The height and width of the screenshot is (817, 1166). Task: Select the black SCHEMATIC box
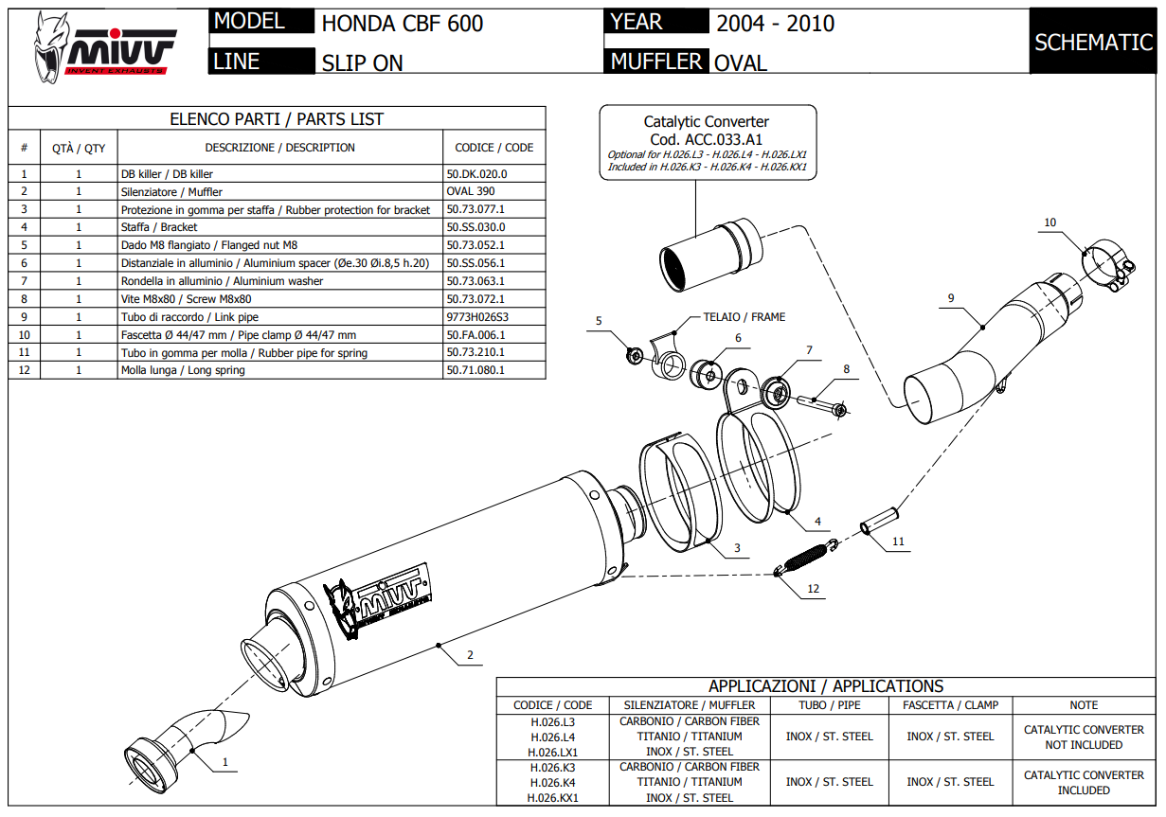click(1093, 43)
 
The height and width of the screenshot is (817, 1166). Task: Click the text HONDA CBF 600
click(403, 24)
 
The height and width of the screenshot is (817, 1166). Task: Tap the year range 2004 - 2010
click(775, 24)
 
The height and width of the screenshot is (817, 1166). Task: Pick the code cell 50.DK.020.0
click(476, 174)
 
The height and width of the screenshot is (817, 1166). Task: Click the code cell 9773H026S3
click(483, 317)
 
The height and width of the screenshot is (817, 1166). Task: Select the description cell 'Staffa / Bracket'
click(159, 227)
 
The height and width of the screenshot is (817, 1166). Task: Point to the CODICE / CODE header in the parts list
click(493, 148)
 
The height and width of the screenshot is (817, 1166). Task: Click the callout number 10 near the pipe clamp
click(1049, 222)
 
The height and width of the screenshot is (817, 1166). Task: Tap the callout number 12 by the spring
click(813, 589)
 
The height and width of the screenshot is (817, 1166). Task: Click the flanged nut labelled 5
click(636, 355)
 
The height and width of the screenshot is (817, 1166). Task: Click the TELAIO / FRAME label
click(744, 317)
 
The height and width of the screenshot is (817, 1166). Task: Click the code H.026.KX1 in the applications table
click(553, 798)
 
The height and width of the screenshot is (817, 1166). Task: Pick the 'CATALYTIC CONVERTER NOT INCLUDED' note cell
click(1084, 737)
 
